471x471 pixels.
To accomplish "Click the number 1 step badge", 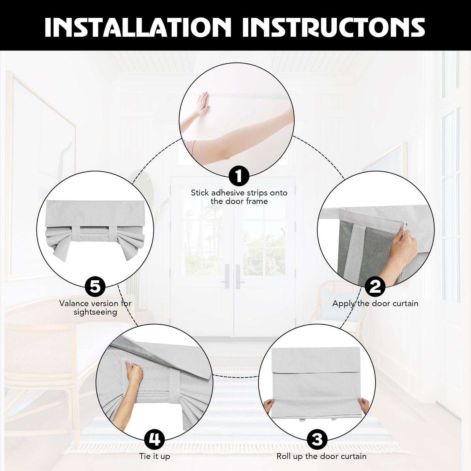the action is (x=239, y=175).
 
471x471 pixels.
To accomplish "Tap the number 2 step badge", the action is (x=375, y=287).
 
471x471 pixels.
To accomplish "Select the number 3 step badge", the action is (x=317, y=439).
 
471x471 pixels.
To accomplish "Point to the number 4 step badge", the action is (x=155, y=439).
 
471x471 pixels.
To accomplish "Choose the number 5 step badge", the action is (x=95, y=287).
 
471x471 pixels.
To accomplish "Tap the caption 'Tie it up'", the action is (x=155, y=456).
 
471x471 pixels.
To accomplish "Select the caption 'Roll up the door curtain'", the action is (x=321, y=456).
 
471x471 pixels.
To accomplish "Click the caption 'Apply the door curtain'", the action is (x=375, y=304).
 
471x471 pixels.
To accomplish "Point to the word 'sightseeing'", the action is (x=95, y=312).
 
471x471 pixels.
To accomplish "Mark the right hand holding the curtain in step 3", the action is (x=364, y=407).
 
